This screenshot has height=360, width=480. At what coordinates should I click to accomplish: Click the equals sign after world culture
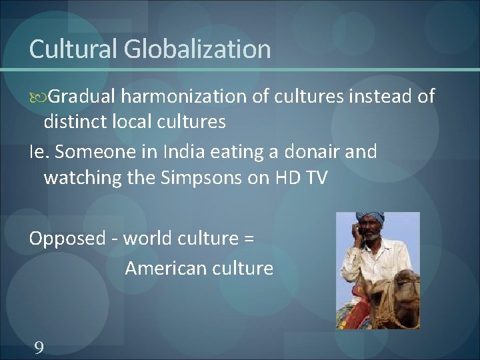(247, 239)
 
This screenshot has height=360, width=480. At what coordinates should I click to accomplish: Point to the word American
(158, 268)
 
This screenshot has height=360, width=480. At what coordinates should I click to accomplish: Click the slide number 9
(39, 347)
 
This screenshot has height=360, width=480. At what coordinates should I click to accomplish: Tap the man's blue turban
(371, 218)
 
